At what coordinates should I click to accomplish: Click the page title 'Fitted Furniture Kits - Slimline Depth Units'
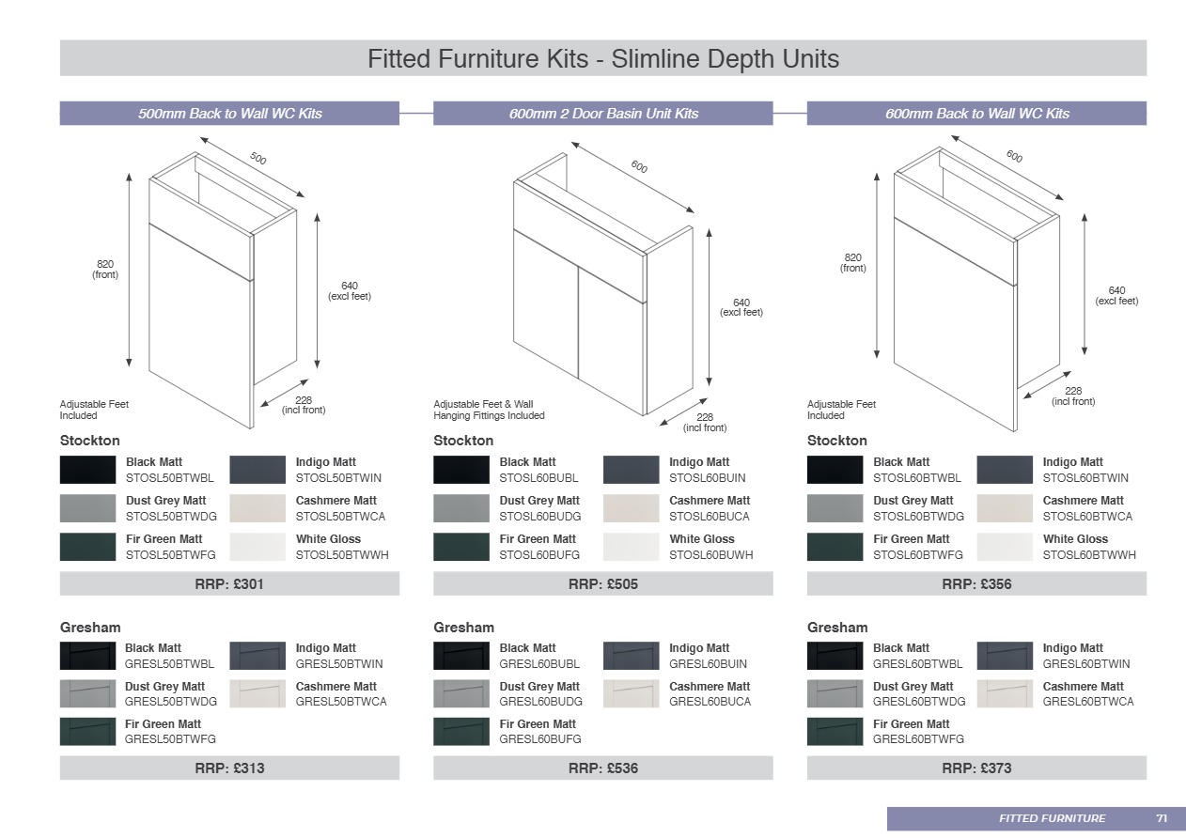[602, 59]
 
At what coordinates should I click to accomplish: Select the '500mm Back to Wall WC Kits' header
[229, 114]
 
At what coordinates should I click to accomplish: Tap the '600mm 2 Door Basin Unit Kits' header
[603, 114]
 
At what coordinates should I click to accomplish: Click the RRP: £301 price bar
[229, 584]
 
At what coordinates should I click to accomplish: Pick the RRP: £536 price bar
[602, 768]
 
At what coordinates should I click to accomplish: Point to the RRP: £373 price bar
[976, 768]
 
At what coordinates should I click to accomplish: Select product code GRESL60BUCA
[710, 702]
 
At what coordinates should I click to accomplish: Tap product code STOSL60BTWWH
[1088, 555]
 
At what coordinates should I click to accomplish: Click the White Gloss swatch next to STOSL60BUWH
[631, 547]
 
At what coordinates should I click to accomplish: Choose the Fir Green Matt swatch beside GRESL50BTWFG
[87, 732]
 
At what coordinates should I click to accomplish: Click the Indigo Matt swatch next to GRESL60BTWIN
[1005, 656]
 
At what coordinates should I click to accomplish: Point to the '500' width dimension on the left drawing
[258, 160]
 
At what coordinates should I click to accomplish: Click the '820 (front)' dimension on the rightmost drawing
[852, 263]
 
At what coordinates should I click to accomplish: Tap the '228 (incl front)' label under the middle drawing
[705, 423]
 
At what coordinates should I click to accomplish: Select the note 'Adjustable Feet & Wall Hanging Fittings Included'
[489, 410]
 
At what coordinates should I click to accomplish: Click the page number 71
[1162, 818]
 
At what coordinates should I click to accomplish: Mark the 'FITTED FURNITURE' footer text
[1052, 818]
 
